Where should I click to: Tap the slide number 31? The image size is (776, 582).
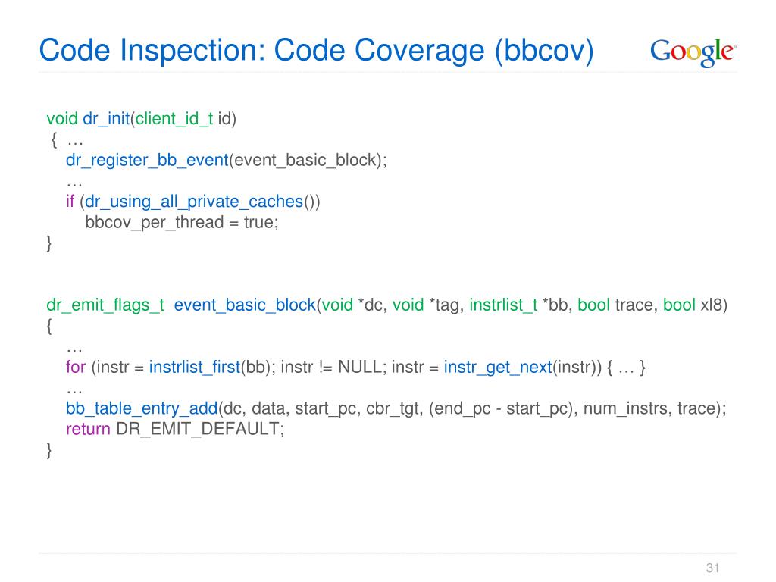click(x=712, y=568)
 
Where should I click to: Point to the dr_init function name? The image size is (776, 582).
click(x=105, y=119)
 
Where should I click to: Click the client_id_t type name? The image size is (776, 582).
click(x=174, y=119)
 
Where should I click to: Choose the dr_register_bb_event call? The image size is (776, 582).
click(x=147, y=161)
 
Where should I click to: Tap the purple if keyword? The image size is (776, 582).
click(x=70, y=202)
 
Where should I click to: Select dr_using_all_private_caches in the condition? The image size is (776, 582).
click(x=193, y=202)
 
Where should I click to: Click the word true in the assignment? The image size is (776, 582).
click(x=260, y=223)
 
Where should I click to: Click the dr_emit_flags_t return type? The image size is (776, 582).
click(x=105, y=305)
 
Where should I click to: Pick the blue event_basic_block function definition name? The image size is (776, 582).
click(x=245, y=305)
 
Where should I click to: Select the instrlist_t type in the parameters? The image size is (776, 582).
click(x=504, y=305)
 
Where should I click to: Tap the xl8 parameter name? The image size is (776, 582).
click(x=713, y=305)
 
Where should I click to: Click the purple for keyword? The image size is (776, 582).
click(x=76, y=368)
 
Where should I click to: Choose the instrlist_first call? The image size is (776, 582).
click(x=195, y=368)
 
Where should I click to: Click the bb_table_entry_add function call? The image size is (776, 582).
click(x=142, y=408)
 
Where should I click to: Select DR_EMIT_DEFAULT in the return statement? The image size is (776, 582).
click(x=199, y=429)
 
